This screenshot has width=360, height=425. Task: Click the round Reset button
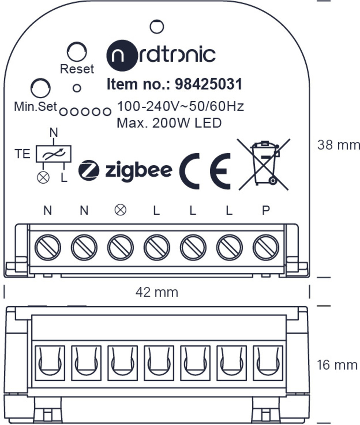pyautogui.click(x=77, y=51)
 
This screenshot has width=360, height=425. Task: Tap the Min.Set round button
pyautogui.click(x=40, y=88)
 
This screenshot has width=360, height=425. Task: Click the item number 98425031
pyautogui.click(x=208, y=84)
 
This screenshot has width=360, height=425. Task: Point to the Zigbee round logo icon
pyautogui.click(x=89, y=170)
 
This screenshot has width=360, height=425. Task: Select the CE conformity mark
pyautogui.click(x=205, y=171)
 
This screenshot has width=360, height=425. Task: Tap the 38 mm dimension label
pyautogui.click(x=339, y=145)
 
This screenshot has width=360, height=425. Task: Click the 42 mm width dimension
pyautogui.click(x=157, y=292)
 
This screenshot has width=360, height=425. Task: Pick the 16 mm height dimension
pyautogui.click(x=337, y=365)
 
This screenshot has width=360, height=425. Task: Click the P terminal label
pyautogui.click(x=266, y=210)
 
